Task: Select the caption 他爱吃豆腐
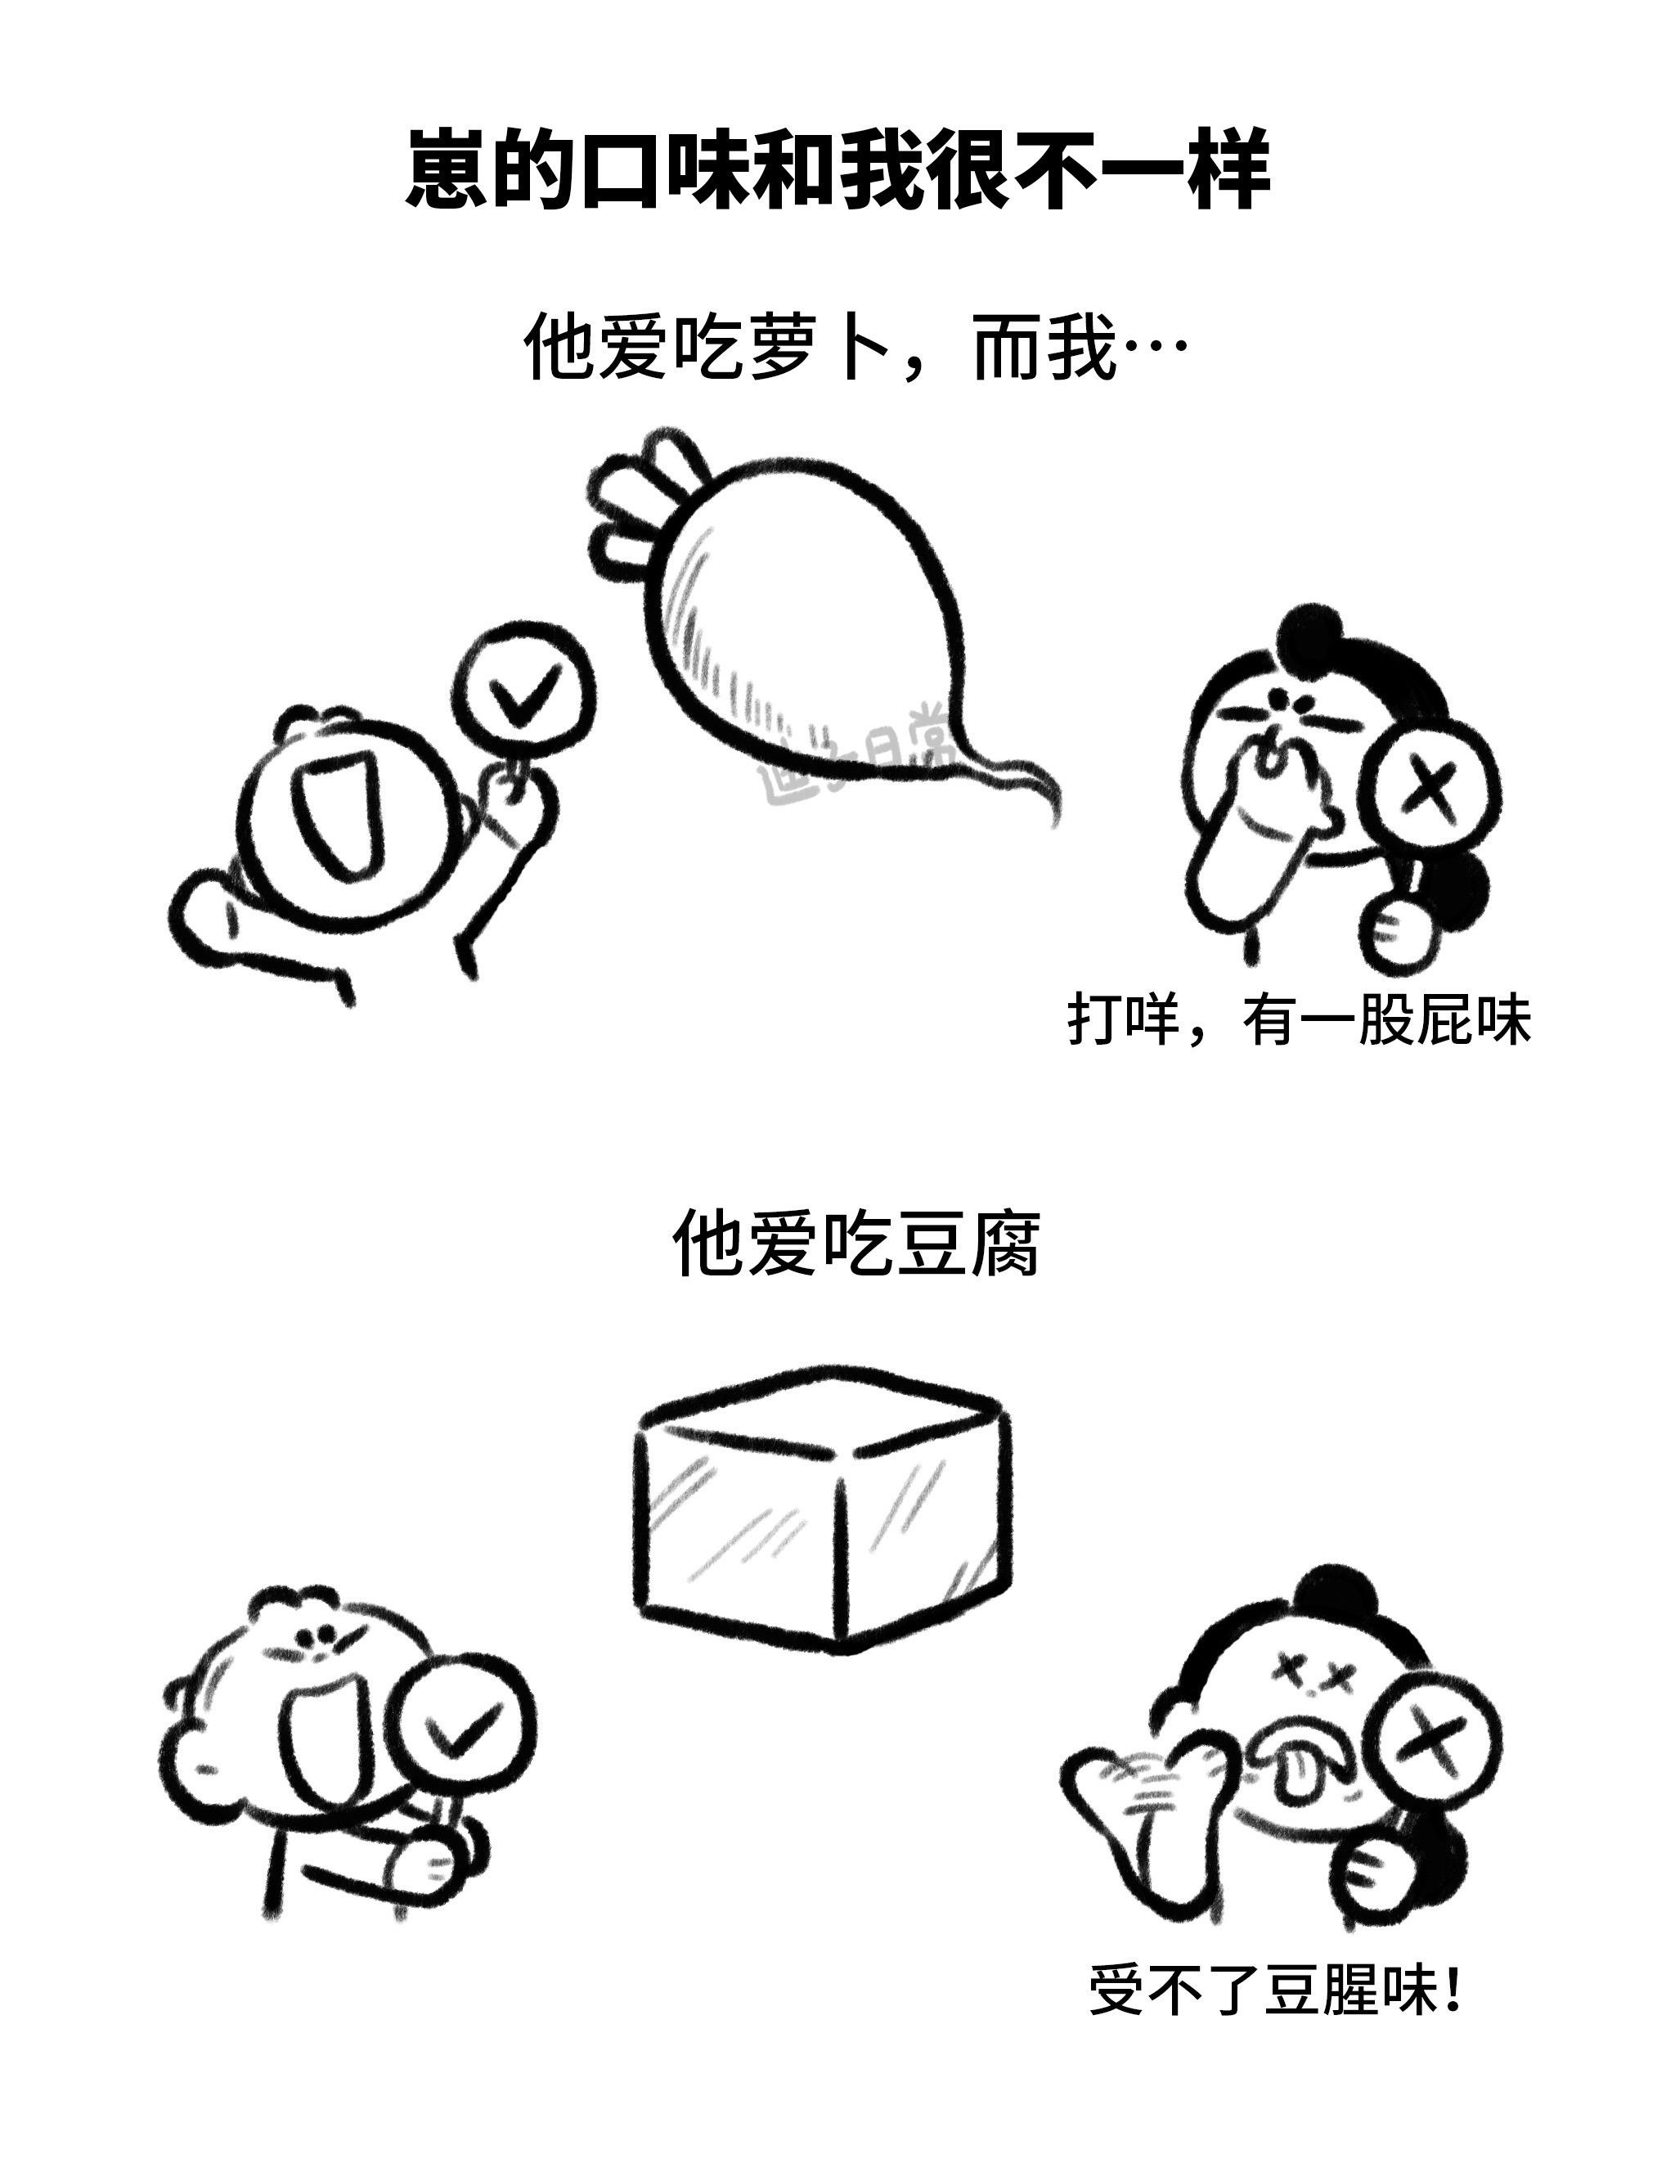click(x=855, y=1243)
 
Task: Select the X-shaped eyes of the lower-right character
click(x=1312, y=1674)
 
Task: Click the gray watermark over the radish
click(x=853, y=759)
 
